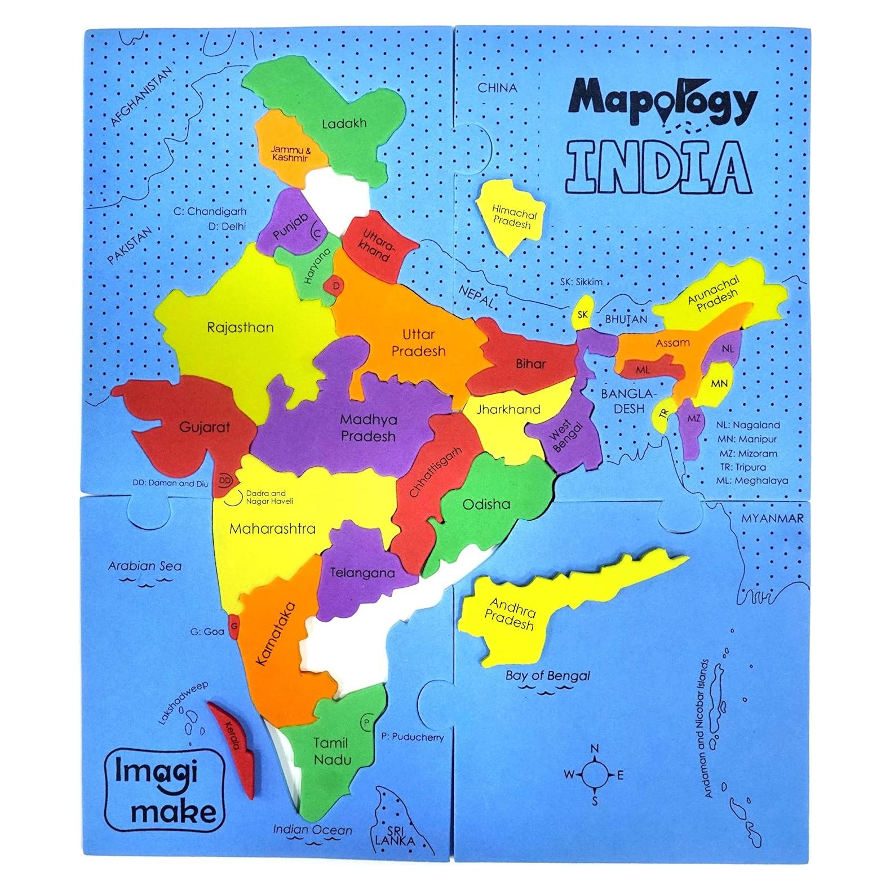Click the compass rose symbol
coord(594,775)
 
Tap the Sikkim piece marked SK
coord(583,315)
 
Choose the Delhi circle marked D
coord(335,286)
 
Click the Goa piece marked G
coord(234,626)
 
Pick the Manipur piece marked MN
coord(719,384)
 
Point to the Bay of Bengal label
coord(547,675)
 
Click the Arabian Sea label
coord(145,565)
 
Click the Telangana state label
coord(362,573)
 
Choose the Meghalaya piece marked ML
coord(643,370)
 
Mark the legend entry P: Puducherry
coord(410,737)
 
